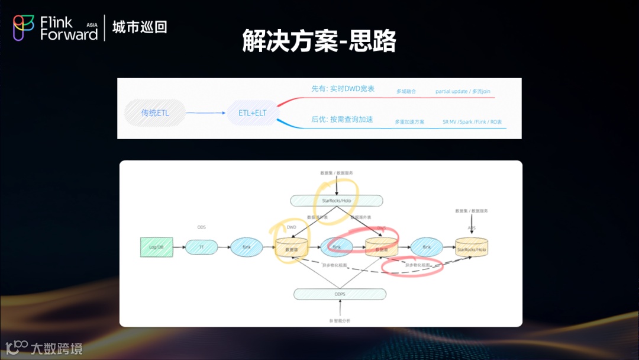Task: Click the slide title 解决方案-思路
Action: pyautogui.click(x=319, y=41)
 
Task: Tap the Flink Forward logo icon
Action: pyautogui.click(x=24, y=28)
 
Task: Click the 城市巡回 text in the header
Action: pyautogui.click(x=140, y=27)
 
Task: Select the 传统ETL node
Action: pyautogui.click(x=155, y=112)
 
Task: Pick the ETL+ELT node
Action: pyautogui.click(x=253, y=112)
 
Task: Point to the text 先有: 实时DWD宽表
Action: pyautogui.click(x=343, y=89)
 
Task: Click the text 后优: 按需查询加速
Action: pyautogui.click(x=342, y=120)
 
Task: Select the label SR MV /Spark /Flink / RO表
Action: pyautogui.click(x=472, y=122)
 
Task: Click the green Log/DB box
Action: pyautogui.click(x=157, y=247)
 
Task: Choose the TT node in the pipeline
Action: pyautogui.click(x=202, y=247)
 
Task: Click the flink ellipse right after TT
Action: pyautogui.click(x=246, y=247)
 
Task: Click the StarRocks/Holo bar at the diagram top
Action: pyautogui.click(x=336, y=201)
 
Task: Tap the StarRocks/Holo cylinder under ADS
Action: pyautogui.click(x=471, y=248)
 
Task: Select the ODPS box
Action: pyautogui.click(x=340, y=294)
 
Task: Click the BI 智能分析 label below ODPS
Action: pyautogui.click(x=340, y=320)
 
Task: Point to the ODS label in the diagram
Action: pyautogui.click(x=201, y=227)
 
